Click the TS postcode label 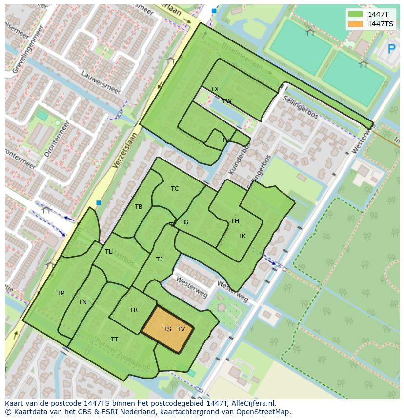[167, 329]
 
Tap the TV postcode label [181, 329]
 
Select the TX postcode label [215, 89]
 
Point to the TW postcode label [227, 101]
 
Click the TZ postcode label [225, 140]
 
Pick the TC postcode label [175, 189]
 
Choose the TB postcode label [139, 207]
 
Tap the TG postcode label [184, 222]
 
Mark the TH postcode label [235, 221]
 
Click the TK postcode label [242, 236]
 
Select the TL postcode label [108, 252]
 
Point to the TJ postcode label [159, 260]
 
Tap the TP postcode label [61, 293]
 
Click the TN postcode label [82, 302]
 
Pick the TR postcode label [134, 310]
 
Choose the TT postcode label [114, 340]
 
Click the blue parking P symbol [391, 49]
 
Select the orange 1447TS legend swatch [356, 24]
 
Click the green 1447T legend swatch [356, 14]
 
